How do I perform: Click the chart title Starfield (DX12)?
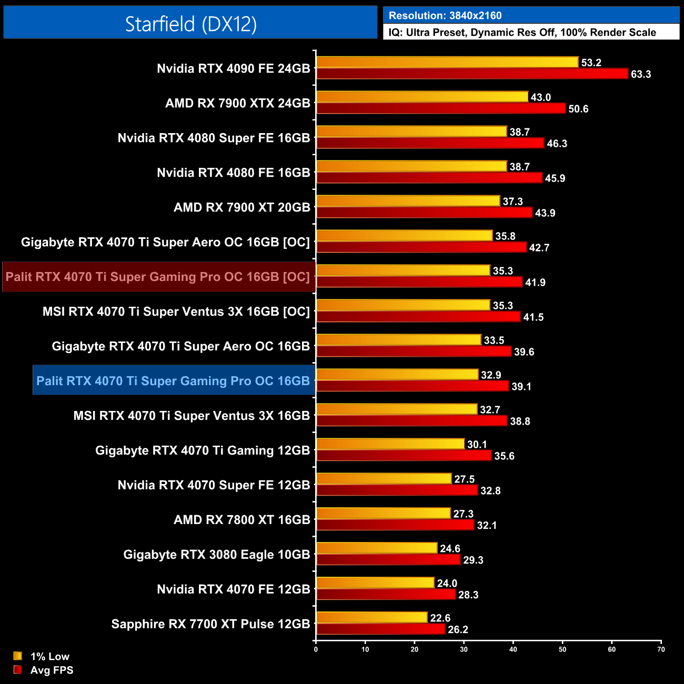(190, 24)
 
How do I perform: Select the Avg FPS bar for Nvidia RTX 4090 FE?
(472, 74)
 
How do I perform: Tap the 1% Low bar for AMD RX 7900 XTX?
(422, 97)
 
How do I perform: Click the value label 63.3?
(641, 74)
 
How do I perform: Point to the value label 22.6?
(440, 618)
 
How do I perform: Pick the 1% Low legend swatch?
(18, 656)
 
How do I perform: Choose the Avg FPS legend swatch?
(18, 670)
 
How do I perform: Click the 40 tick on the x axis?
(513, 649)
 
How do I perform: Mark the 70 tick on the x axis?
(661, 649)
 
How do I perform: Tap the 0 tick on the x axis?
(316, 649)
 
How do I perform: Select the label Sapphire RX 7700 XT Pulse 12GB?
(210, 624)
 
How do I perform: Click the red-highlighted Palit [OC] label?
(158, 277)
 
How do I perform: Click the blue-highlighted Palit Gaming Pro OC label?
(173, 381)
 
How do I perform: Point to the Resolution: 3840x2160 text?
(445, 16)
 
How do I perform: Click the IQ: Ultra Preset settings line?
(522, 33)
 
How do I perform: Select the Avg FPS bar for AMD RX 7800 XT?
(395, 525)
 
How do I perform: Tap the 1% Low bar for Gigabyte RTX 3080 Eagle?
(377, 548)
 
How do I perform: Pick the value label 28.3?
(468, 595)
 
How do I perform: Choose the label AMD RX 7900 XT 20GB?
(242, 207)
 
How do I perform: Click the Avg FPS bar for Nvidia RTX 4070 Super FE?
(397, 490)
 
